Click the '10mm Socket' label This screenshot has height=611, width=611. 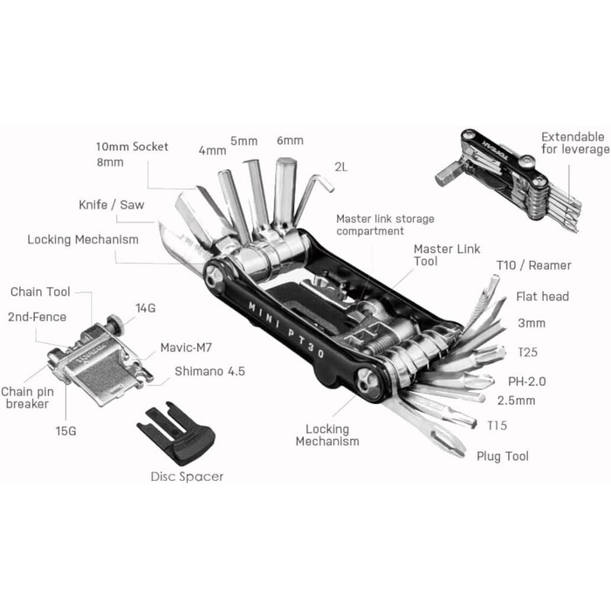tap(133, 147)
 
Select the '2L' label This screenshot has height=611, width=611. tap(340, 167)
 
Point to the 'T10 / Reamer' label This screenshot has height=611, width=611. tap(533, 265)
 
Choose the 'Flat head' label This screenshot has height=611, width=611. tap(542, 297)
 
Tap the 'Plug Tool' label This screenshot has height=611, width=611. tap(502, 456)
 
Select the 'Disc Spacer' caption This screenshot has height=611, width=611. tap(187, 476)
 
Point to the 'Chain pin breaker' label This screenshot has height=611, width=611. tap(27, 399)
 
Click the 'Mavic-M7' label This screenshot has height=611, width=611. tap(182, 347)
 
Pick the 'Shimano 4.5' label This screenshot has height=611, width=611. tap(209, 370)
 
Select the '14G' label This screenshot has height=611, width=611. tap(145, 307)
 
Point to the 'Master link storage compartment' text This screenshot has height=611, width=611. tap(384, 224)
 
